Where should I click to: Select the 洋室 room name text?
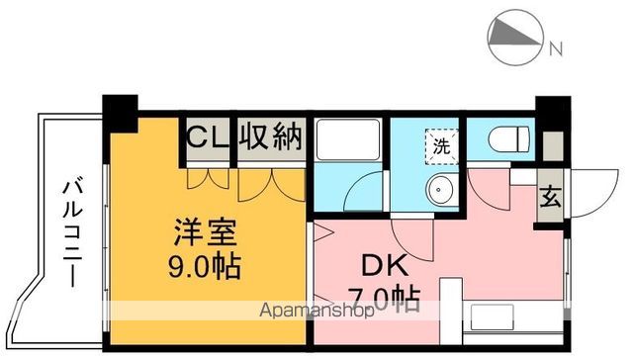(x=205, y=235)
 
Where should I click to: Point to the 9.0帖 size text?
(x=205, y=267)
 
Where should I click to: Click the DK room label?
(x=378, y=267)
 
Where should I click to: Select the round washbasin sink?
(x=437, y=190)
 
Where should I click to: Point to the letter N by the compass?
(x=556, y=47)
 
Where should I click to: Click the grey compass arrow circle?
(x=514, y=38)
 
